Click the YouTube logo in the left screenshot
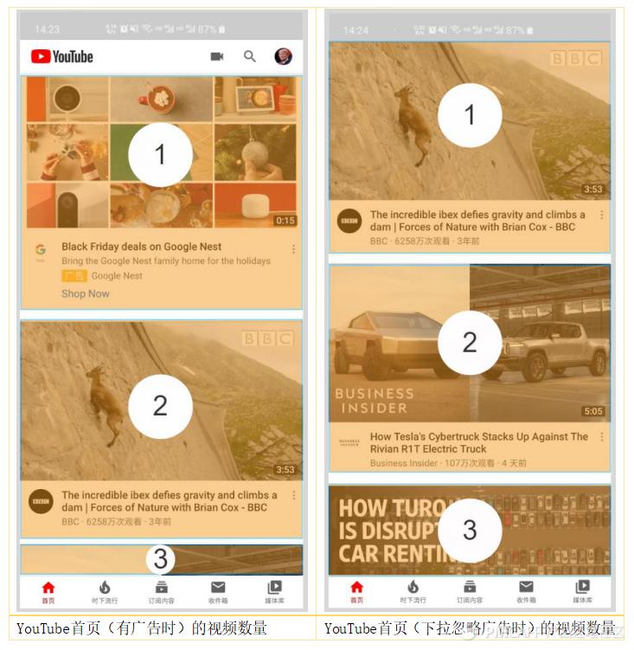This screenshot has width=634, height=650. click(x=61, y=56)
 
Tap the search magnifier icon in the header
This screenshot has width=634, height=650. click(x=250, y=56)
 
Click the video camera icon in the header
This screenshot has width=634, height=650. click(x=217, y=56)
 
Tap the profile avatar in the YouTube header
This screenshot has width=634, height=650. click(x=283, y=56)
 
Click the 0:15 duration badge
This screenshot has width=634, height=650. click(x=285, y=221)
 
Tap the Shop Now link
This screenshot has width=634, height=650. click(x=86, y=294)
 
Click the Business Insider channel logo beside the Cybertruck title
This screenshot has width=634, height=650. click(x=349, y=443)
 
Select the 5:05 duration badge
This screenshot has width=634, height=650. click(x=592, y=411)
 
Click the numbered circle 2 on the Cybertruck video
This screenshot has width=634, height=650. click(x=470, y=343)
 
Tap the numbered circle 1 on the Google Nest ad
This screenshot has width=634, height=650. click(x=160, y=155)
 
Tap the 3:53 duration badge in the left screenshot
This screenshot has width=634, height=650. click(x=285, y=470)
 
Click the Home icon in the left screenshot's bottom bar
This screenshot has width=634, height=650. click(x=48, y=590)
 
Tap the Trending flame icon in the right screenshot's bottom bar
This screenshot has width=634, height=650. click(x=413, y=589)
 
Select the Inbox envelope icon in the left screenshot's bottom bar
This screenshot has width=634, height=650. click(x=218, y=590)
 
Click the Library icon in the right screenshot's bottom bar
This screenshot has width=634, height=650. click(x=583, y=589)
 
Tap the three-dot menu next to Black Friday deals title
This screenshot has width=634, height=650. click(x=294, y=249)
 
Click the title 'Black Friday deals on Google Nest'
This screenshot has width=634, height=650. click(x=141, y=247)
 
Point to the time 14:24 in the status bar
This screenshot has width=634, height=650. click(x=355, y=30)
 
